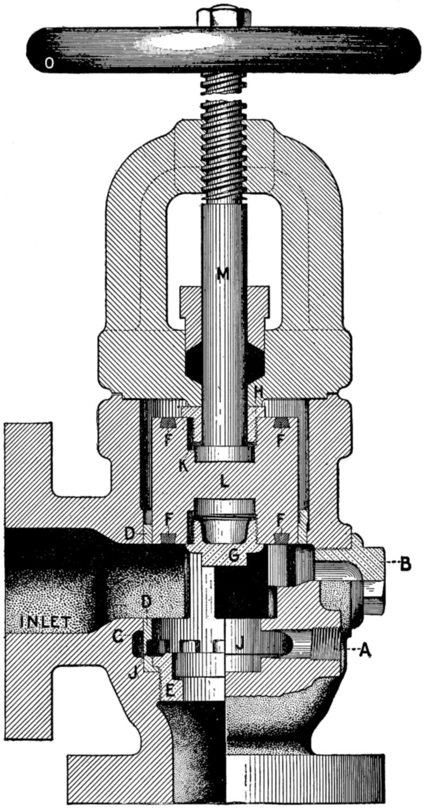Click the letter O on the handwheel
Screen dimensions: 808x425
click(x=48, y=64)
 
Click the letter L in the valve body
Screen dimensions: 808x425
click(x=224, y=481)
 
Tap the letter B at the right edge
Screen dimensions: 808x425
click(x=407, y=565)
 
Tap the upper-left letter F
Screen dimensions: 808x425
click(x=168, y=438)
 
